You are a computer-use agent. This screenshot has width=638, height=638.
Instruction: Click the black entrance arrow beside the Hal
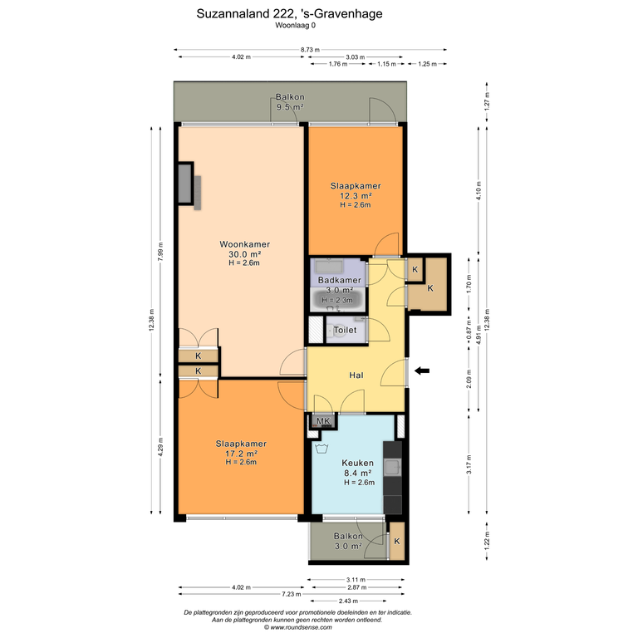422,371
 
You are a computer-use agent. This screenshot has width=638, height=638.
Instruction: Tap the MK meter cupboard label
323,420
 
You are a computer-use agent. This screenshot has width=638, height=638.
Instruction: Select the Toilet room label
345,330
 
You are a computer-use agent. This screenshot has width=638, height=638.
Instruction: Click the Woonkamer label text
244,244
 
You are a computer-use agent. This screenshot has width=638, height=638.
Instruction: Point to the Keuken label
358,463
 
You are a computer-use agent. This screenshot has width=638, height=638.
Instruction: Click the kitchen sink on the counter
393,467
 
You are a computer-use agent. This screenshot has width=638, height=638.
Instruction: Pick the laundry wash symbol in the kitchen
321,449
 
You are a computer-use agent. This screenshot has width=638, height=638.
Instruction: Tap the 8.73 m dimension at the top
310,50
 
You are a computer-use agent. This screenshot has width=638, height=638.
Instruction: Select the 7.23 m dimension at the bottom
292,594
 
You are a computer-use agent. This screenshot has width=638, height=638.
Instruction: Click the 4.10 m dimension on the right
478,190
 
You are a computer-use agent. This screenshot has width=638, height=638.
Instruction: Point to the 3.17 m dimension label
469,464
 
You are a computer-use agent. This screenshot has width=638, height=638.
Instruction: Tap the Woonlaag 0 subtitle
296,25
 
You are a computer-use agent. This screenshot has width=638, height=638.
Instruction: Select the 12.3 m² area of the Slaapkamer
356,196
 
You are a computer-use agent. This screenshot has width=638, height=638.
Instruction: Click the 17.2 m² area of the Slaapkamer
241,454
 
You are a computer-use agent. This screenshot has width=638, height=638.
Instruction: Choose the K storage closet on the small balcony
397,541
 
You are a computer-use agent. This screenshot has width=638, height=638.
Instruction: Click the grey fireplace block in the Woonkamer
185,183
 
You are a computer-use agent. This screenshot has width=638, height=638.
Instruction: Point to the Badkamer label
339,280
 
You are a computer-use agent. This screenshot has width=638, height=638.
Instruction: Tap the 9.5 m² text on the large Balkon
290,107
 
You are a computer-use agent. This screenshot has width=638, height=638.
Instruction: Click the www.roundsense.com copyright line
298,627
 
